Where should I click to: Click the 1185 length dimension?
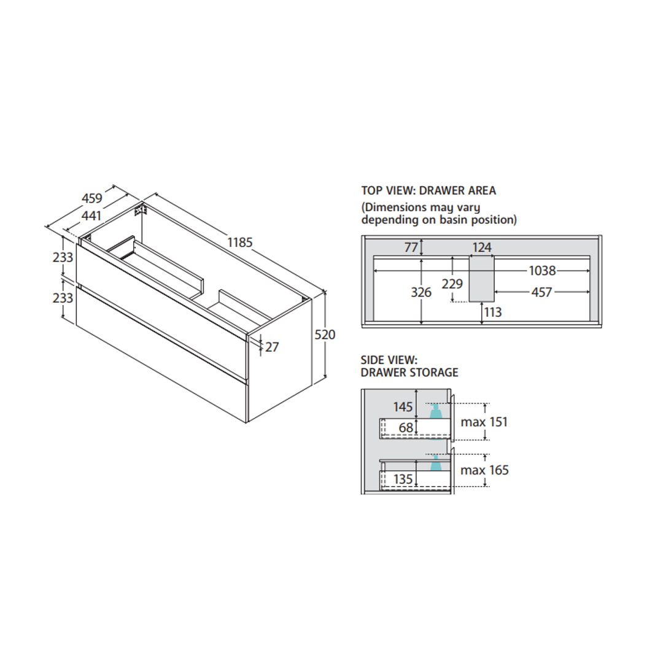coord(240,242)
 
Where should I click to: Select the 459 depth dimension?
coord(91,198)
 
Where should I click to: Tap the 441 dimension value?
coord(90,216)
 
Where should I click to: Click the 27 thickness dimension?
coord(272,347)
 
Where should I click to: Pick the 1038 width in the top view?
coord(541,271)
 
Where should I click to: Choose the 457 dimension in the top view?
coord(541,293)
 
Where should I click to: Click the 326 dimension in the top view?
coord(421,293)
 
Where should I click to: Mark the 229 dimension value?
coord(452,284)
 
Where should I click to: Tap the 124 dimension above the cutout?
coord(482,247)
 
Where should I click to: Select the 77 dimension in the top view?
coord(411,247)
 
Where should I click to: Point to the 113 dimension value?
coord(492,312)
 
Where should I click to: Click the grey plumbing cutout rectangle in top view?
coord(482,279)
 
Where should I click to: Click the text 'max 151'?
coord(485,422)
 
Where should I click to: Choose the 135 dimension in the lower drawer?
coord(403,479)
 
